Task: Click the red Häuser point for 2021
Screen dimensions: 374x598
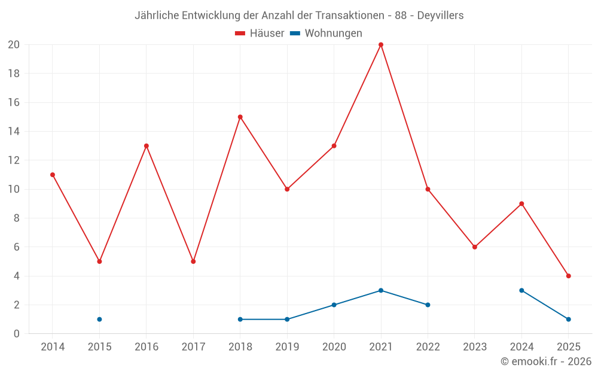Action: pyautogui.click(x=381, y=45)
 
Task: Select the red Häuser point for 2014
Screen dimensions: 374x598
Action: pyautogui.click(x=53, y=175)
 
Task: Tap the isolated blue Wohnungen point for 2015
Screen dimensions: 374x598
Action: pyautogui.click(x=99, y=319)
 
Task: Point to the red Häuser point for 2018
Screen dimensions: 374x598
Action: pyautogui.click(x=240, y=117)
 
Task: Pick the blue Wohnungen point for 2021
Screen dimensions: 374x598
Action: pyautogui.click(x=381, y=290)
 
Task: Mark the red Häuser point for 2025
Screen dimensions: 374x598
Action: pyautogui.click(x=569, y=276)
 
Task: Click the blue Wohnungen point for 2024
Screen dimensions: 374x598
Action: pyautogui.click(x=521, y=290)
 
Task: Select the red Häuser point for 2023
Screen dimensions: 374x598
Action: pyautogui.click(x=475, y=247)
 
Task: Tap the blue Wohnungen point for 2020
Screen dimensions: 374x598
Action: pyautogui.click(x=334, y=305)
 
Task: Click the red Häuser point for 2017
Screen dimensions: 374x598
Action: pyautogui.click(x=193, y=262)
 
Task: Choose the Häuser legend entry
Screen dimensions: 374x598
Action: pyautogui.click(x=260, y=34)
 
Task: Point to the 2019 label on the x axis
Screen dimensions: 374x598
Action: pyautogui.click(x=287, y=347)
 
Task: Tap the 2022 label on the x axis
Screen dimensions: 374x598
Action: pyautogui.click(x=428, y=347)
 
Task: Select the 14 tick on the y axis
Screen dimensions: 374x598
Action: pyautogui.click(x=14, y=132)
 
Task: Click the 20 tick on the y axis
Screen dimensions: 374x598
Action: pyautogui.click(x=14, y=45)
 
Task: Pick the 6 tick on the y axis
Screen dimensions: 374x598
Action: pyautogui.click(x=17, y=247)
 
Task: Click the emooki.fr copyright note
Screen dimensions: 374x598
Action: pyautogui.click(x=545, y=361)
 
